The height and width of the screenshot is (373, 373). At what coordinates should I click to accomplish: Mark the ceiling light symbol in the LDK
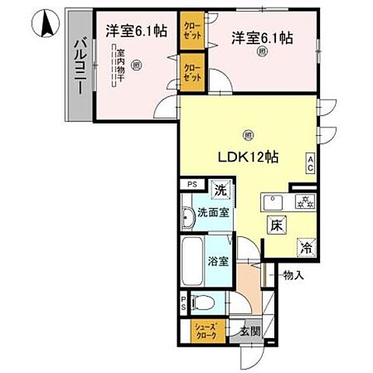tap(247, 134)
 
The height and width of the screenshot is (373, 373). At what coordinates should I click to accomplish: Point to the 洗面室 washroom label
tap(211, 211)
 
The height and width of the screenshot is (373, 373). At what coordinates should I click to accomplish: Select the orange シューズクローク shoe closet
tap(209, 330)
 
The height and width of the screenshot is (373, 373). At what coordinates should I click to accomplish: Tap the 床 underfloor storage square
tap(276, 226)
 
